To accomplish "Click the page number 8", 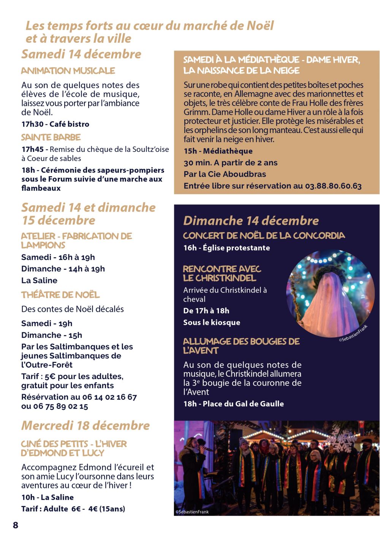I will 16,525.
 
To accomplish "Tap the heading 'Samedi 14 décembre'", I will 81,54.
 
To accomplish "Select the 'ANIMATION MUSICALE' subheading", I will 68,71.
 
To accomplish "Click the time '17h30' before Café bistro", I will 33,124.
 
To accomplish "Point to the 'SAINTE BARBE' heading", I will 51,137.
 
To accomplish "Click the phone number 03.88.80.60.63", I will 333,186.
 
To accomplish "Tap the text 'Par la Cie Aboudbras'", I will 225,174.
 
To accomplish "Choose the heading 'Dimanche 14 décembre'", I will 251,221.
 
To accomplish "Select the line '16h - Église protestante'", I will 226,248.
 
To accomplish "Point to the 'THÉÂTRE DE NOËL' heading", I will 60,295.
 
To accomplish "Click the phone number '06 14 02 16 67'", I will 109,397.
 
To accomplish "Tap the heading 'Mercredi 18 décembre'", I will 85,425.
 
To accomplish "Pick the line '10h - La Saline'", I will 47,497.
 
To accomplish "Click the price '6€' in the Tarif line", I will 76,509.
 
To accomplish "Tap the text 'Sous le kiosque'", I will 212,322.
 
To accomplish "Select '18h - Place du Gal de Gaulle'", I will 233,404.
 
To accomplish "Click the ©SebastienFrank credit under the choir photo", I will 192,512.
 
